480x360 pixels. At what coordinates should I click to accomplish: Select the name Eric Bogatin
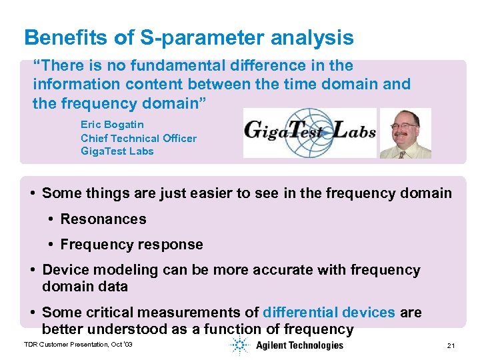click(112, 124)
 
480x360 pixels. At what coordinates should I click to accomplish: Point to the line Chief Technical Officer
click(139, 138)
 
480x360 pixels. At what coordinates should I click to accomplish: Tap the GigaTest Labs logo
click(309, 132)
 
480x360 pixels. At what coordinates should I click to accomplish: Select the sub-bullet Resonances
click(103, 219)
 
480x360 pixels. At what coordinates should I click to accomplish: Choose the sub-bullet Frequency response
click(131, 245)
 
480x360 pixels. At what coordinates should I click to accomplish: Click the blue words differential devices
click(329, 313)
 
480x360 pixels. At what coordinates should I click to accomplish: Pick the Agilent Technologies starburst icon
click(240, 345)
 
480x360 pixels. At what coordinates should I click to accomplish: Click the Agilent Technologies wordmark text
click(299, 345)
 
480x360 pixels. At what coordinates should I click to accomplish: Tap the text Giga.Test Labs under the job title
click(117, 151)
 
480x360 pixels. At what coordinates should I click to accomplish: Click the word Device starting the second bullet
click(65, 270)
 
